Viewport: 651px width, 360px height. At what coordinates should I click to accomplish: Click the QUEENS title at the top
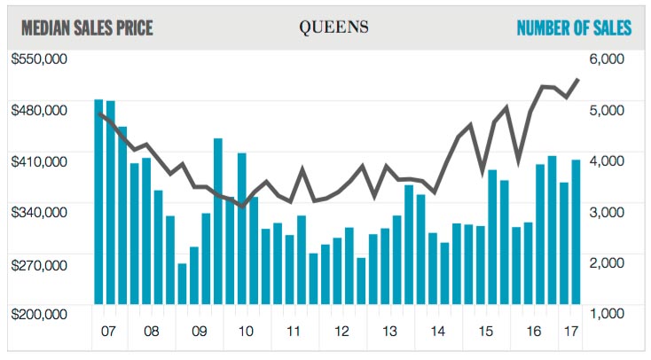pos(333,27)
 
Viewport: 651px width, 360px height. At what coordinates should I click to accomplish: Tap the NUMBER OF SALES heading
pos(574,28)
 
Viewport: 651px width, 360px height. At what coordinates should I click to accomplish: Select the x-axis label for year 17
pos(570,332)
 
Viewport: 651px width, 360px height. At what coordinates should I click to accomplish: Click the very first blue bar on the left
pos(99,202)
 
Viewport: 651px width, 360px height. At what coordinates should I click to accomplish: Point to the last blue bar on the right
pos(576,232)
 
